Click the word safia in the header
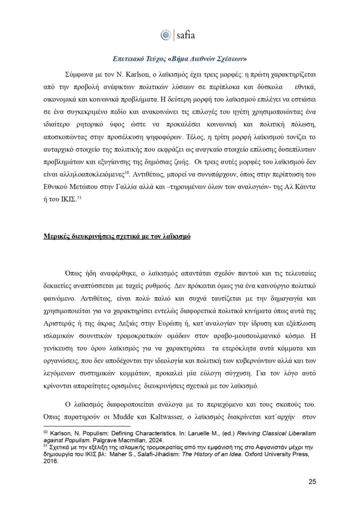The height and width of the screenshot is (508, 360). pos(186,35)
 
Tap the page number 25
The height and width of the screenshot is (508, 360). pos(312,481)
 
